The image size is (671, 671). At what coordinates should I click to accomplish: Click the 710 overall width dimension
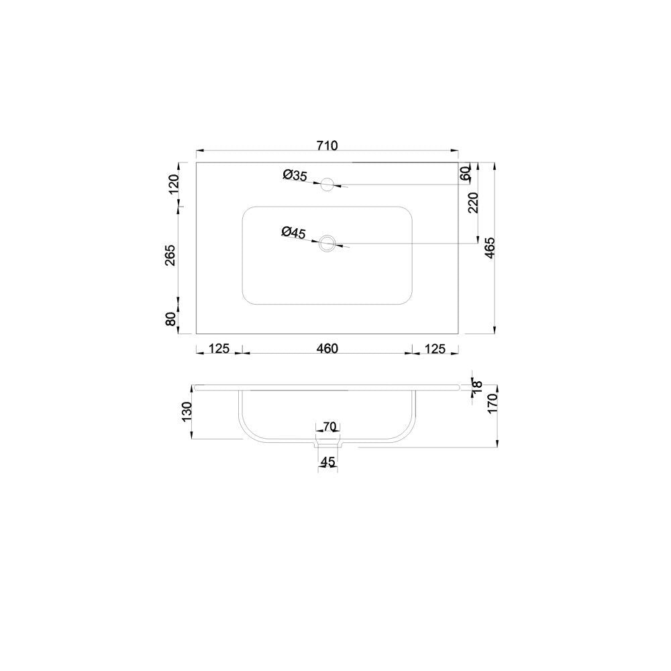[327, 145]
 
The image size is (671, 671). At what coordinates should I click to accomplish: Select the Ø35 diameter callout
[295, 175]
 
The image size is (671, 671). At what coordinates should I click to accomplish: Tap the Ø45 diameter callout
[294, 232]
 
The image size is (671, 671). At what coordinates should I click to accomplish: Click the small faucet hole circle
[328, 183]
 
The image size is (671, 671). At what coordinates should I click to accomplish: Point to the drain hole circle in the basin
[328, 243]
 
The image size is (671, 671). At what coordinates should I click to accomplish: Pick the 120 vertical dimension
[173, 183]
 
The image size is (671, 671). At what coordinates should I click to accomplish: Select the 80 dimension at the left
[172, 319]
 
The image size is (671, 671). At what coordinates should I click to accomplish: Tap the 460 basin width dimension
[327, 348]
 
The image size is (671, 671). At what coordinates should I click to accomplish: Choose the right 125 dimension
[435, 348]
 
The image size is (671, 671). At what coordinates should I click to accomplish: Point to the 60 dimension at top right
[464, 173]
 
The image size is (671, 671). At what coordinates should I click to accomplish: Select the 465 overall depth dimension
[490, 249]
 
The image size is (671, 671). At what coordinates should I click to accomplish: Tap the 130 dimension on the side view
[187, 411]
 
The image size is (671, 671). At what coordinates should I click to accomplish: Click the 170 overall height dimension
[491, 404]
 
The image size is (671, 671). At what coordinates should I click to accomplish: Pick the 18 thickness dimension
[476, 385]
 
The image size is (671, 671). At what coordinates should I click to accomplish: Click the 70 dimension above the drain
[329, 427]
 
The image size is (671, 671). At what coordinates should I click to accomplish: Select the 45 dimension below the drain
[327, 462]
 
